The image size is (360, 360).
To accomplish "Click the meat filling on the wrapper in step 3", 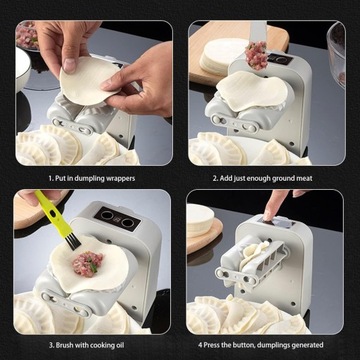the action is [x=88, y=264].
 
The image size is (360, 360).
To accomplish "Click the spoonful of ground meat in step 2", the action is [x=256, y=55].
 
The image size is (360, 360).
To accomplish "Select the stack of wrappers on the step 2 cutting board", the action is [x=223, y=55].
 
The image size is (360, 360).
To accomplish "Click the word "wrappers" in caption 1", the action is [x=120, y=178].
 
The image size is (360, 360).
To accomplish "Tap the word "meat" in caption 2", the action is [x=305, y=178].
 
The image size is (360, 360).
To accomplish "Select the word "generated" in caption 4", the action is [x=307, y=345].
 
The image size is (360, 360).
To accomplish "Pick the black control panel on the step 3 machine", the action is [x=117, y=219].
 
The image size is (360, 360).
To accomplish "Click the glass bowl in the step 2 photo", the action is [x=336, y=55].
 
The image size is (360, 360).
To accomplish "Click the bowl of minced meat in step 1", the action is [x=27, y=35].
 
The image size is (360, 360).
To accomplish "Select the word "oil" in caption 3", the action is [x=119, y=345].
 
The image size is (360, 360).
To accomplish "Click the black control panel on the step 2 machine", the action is [x=280, y=59].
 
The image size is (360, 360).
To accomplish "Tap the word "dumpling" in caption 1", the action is [x=90, y=178].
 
